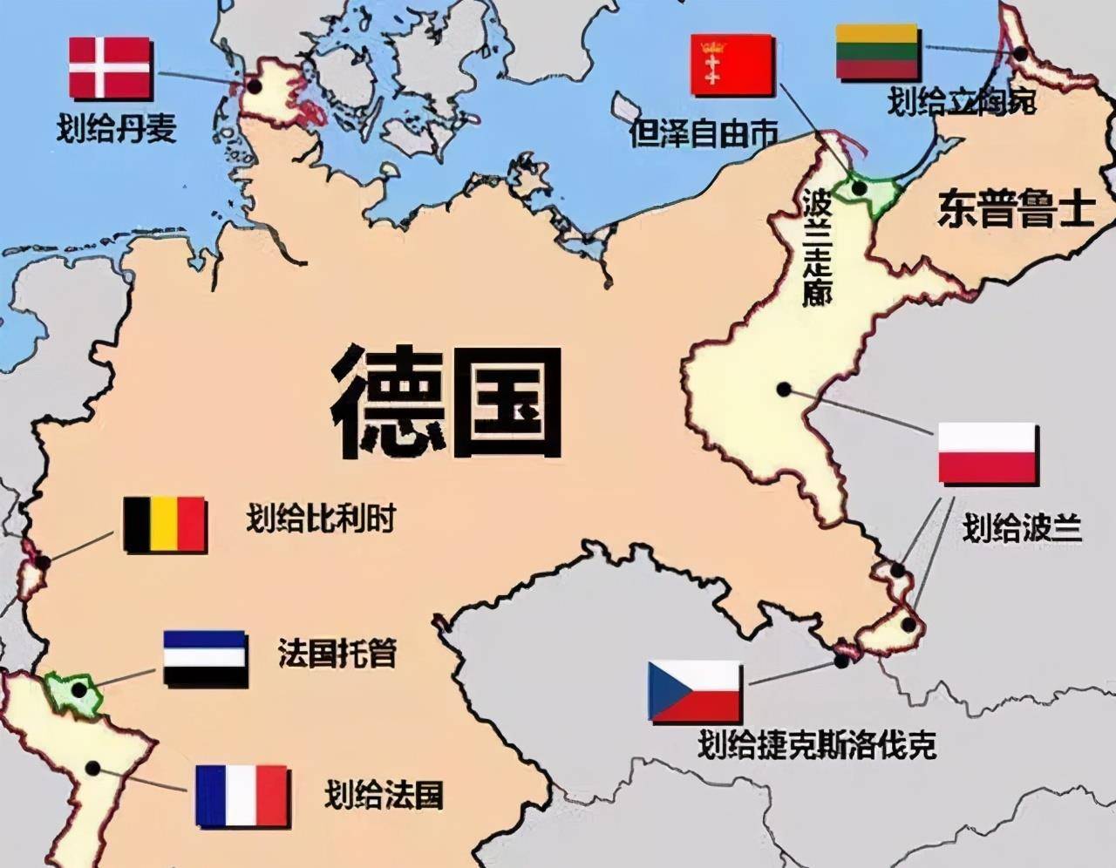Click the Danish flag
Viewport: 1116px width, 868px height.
pyautogui.click(x=111, y=68)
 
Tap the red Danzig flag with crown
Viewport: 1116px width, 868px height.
pyautogui.click(x=732, y=64)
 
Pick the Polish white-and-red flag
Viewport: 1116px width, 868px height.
pyautogui.click(x=987, y=453)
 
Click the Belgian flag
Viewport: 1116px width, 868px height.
pyautogui.click(x=165, y=525)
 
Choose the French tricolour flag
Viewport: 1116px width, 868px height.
pyautogui.click(x=242, y=796)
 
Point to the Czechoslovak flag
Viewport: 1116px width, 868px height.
pyautogui.click(x=694, y=692)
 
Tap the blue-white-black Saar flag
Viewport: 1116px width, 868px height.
pyautogui.click(x=206, y=660)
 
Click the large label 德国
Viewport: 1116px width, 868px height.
pyautogui.click(x=446, y=400)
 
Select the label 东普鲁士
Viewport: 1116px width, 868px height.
pyautogui.click(x=1015, y=209)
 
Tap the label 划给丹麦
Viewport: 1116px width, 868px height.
pyautogui.click(x=117, y=129)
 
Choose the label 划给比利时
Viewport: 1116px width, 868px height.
pyautogui.click(x=320, y=520)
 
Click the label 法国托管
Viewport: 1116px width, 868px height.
pyautogui.click(x=337, y=654)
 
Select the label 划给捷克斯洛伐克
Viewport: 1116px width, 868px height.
pyautogui.click(x=817, y=745)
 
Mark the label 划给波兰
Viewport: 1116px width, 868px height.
pyautogui.click(x=1021, y=527)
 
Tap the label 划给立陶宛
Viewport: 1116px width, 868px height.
pyautogui.click(x=962, y=103)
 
